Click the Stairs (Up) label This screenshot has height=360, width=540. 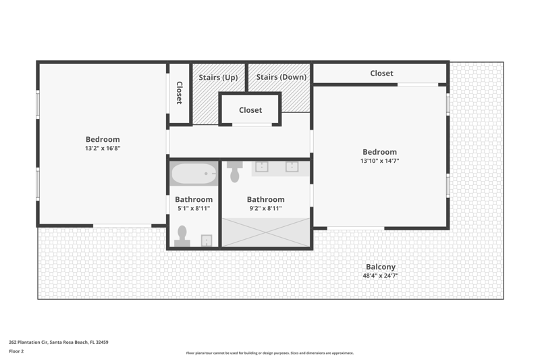tap(218, 77)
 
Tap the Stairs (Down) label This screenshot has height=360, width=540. tap(281, 77)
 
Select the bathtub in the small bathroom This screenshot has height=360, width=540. tap(194, 174)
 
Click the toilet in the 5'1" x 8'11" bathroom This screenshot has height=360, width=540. tap(182, 236)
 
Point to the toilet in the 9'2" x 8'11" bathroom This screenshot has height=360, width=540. tap(235, 172)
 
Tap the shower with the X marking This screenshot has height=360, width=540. tap(266, 232)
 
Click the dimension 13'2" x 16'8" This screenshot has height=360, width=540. tap(103, 148)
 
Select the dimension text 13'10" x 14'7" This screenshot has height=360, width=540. tap(380, 161)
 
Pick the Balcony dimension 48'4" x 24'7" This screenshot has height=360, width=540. tap(381, 276)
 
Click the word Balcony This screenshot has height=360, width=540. tap(381, 267)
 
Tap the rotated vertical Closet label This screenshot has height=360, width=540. tap(180, 93)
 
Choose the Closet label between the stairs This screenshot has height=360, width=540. tap(250, 110)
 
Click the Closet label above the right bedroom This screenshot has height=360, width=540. tap(381, 74)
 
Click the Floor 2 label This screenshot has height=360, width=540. tap(16, 351)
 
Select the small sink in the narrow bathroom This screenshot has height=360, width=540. tap(207, 240)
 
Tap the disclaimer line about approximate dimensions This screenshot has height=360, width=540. tap(270, 353)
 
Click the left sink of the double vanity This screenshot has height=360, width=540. tap(262, 166)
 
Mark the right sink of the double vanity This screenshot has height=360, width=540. tap(292, 166)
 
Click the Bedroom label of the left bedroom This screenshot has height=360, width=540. tap(103, 139)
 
